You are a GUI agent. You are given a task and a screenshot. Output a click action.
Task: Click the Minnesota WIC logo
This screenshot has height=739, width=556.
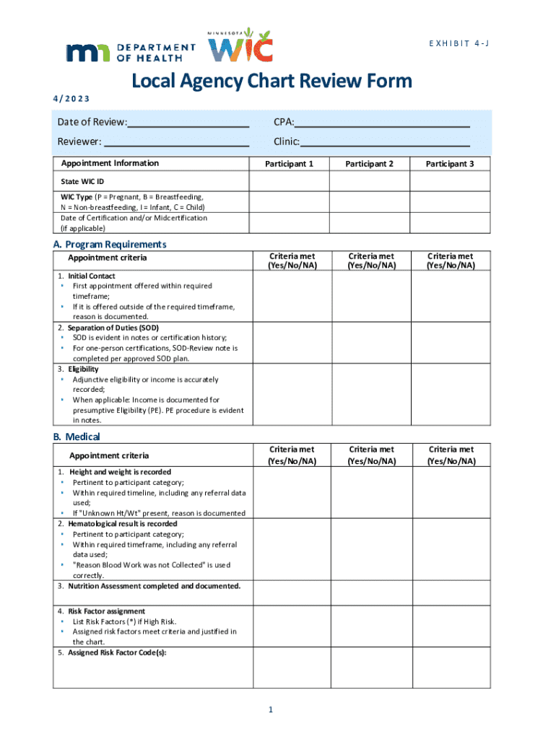pyautogui.click(x=240, y=46)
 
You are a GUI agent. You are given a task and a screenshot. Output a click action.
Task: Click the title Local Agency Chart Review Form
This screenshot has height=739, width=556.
pyautogui.click(x=272, y=81)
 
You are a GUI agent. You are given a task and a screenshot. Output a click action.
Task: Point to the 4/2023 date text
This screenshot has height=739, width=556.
pyautogui.click(x=79, y=99)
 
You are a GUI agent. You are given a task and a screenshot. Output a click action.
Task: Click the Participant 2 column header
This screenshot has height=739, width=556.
pyautogui.click(x=369, y=164)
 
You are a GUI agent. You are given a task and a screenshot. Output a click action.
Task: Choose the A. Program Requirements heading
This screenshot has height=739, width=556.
pyautogui.click(x=110, y=244)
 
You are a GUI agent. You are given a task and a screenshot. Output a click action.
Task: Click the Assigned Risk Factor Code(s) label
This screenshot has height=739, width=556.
pyautogui.click(x=112, y=652)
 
